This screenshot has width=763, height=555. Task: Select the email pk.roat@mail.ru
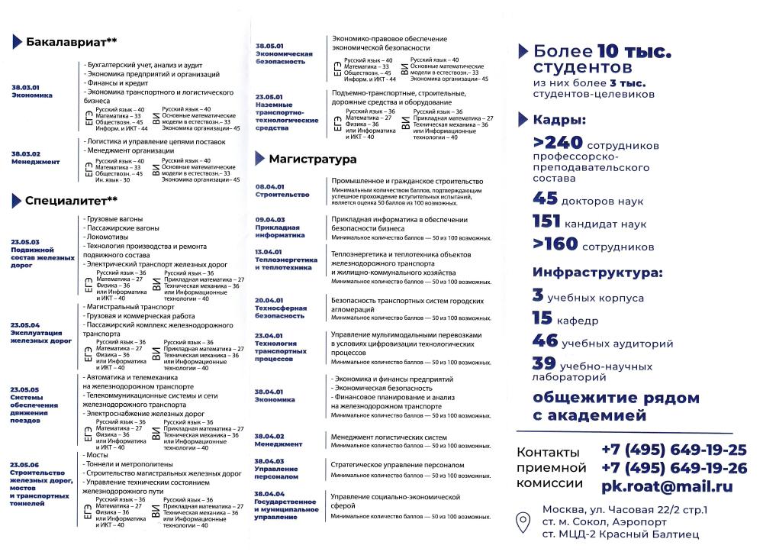pos(666,486)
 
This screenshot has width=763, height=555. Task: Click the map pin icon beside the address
pos(523,522)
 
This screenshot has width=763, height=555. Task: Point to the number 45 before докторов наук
pos(546,199)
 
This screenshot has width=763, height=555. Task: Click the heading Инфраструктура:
pos(597,273)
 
